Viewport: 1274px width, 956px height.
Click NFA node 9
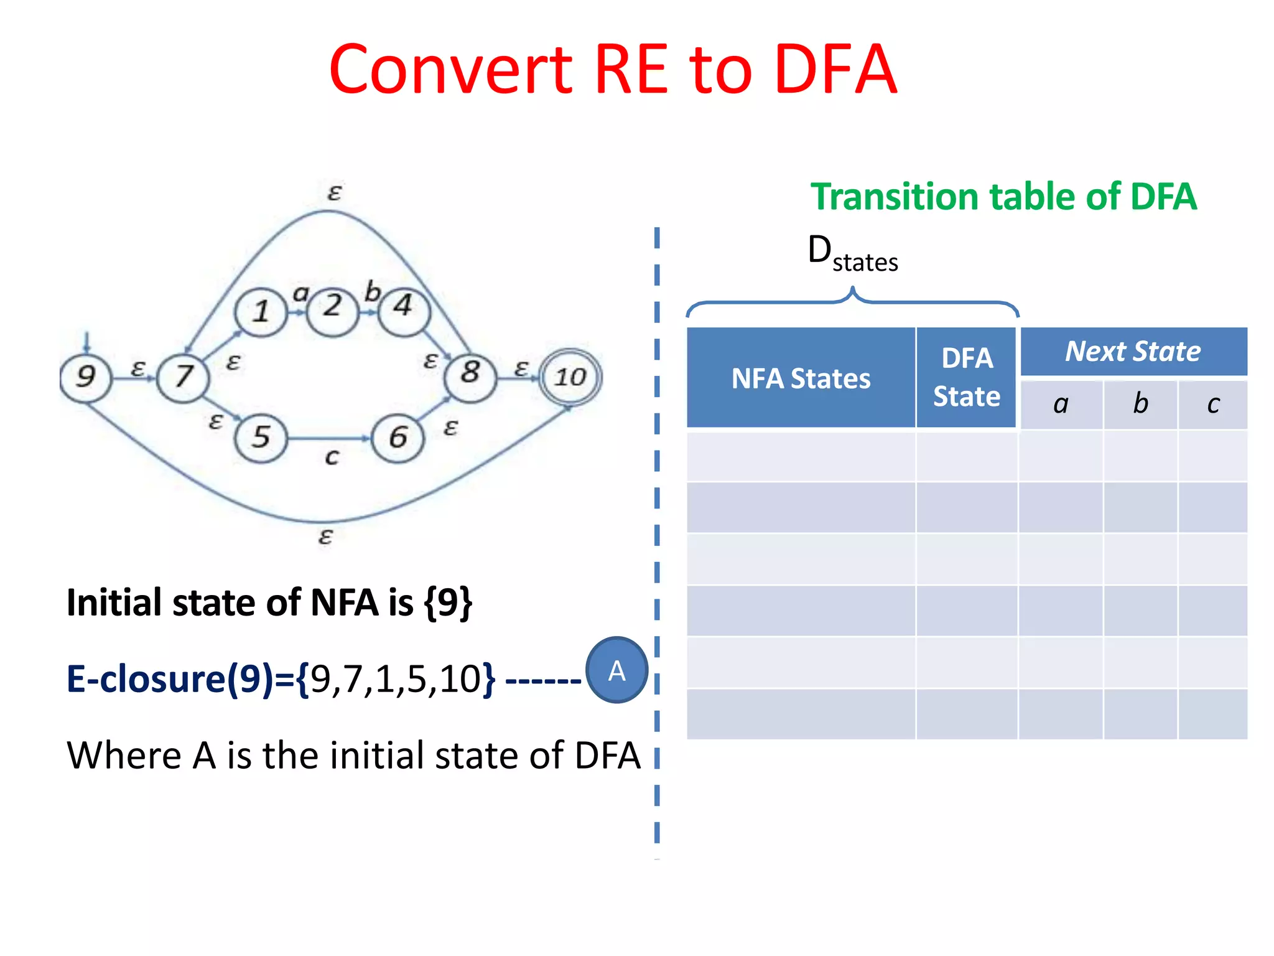pos(86,377)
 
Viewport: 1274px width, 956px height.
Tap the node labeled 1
pos(261,311)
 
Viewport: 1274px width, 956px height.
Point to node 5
pos(261,438)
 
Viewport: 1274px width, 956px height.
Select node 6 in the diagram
pos(398,438)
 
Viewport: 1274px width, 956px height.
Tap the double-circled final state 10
pos(570,377)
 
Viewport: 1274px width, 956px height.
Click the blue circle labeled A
pos(616,671)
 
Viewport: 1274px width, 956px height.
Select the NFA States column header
pos(801,378)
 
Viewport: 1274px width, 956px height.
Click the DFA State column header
pos(967,378)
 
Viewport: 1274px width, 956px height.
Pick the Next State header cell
pos(1133,352)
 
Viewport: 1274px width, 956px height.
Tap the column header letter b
pos(1140,405)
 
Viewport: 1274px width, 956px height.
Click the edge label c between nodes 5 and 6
pos(332,457)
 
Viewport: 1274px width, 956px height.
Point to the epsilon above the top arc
pos(334,193)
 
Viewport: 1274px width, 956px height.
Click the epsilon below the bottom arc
pos(325,536)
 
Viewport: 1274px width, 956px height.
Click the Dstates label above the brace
pos(852,254)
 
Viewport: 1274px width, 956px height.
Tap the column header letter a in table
pos(1061,405)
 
